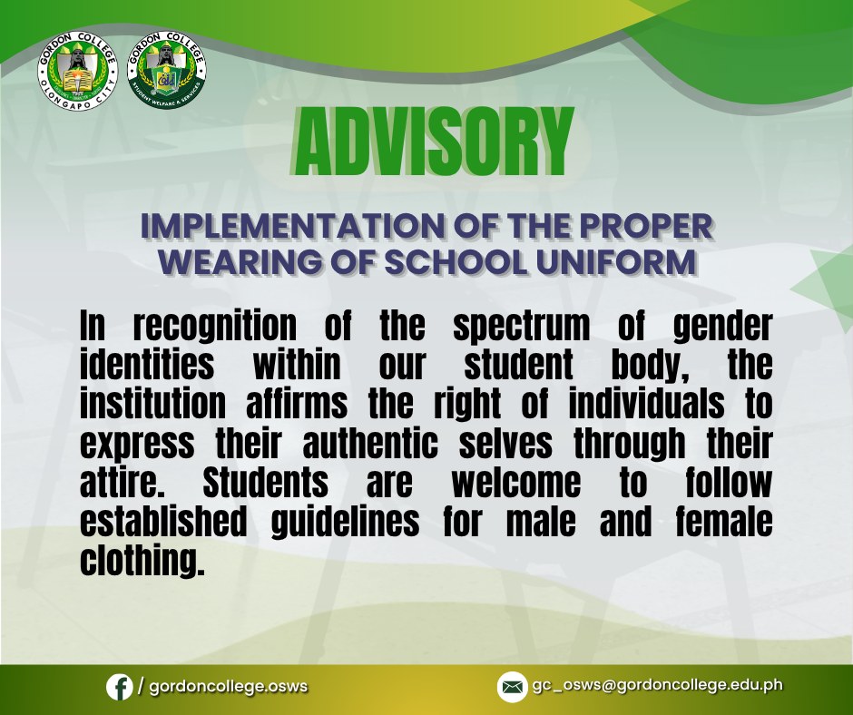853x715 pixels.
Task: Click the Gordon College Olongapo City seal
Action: coord(77,70)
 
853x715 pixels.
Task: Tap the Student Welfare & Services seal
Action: coord(167,69)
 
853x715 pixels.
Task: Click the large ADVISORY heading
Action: coord(434,142)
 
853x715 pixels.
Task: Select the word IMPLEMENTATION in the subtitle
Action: coord(294,226)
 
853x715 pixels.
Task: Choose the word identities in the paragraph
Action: coord(147,364)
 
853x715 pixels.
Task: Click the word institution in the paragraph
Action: coord(152,403)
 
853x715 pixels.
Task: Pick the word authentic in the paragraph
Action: coord(370,442)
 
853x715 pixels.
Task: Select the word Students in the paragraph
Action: coord(266,482)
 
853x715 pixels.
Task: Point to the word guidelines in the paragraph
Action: coord(345,523)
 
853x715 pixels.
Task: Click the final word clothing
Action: coord(142,562)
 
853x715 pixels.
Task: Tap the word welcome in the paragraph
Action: coord(516,482)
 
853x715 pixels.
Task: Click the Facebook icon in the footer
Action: coord(120,687)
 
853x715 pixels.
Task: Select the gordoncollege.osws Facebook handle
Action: coord(229,686)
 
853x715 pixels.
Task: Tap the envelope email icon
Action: coord(512,687)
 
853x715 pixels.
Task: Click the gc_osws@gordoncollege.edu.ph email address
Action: coord(657,686)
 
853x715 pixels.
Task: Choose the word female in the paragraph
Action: coord(724,521)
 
